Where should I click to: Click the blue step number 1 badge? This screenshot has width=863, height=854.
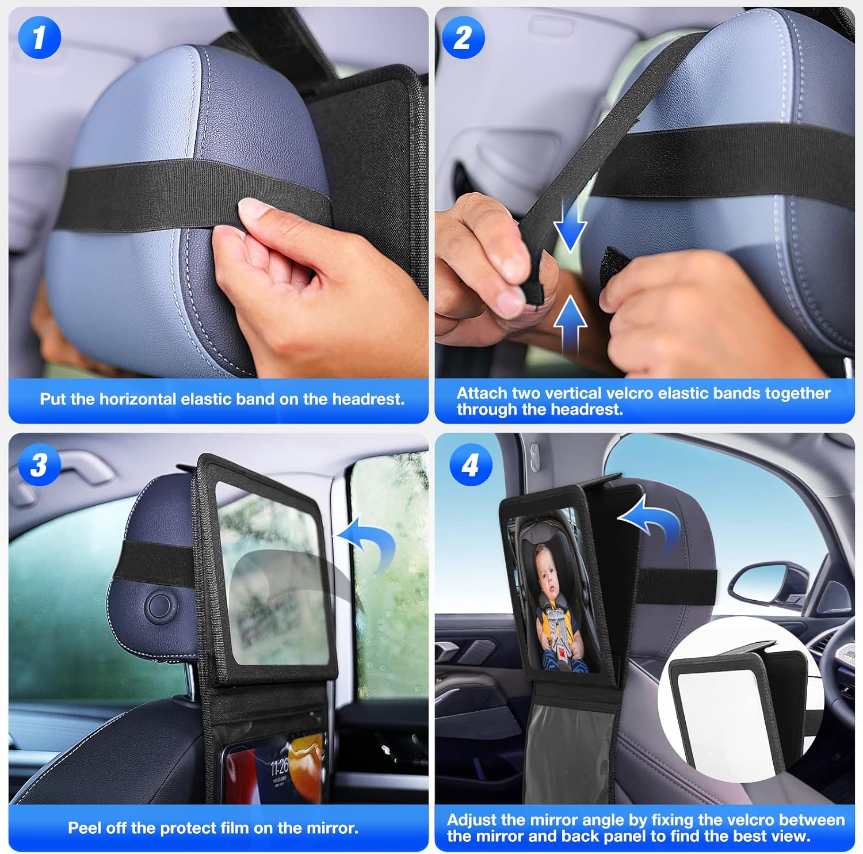[39, 37]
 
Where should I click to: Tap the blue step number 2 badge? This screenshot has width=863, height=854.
[463, 37]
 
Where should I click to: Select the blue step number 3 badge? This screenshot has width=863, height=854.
[39, 464]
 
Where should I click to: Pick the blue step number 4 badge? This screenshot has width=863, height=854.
[470, 464]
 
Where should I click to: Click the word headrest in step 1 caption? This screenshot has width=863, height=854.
[368, 399]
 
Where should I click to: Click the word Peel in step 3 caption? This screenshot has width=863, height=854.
[85, 828]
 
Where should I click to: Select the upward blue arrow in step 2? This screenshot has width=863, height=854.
[570, 322]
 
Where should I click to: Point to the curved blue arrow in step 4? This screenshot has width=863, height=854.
[653, 524]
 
